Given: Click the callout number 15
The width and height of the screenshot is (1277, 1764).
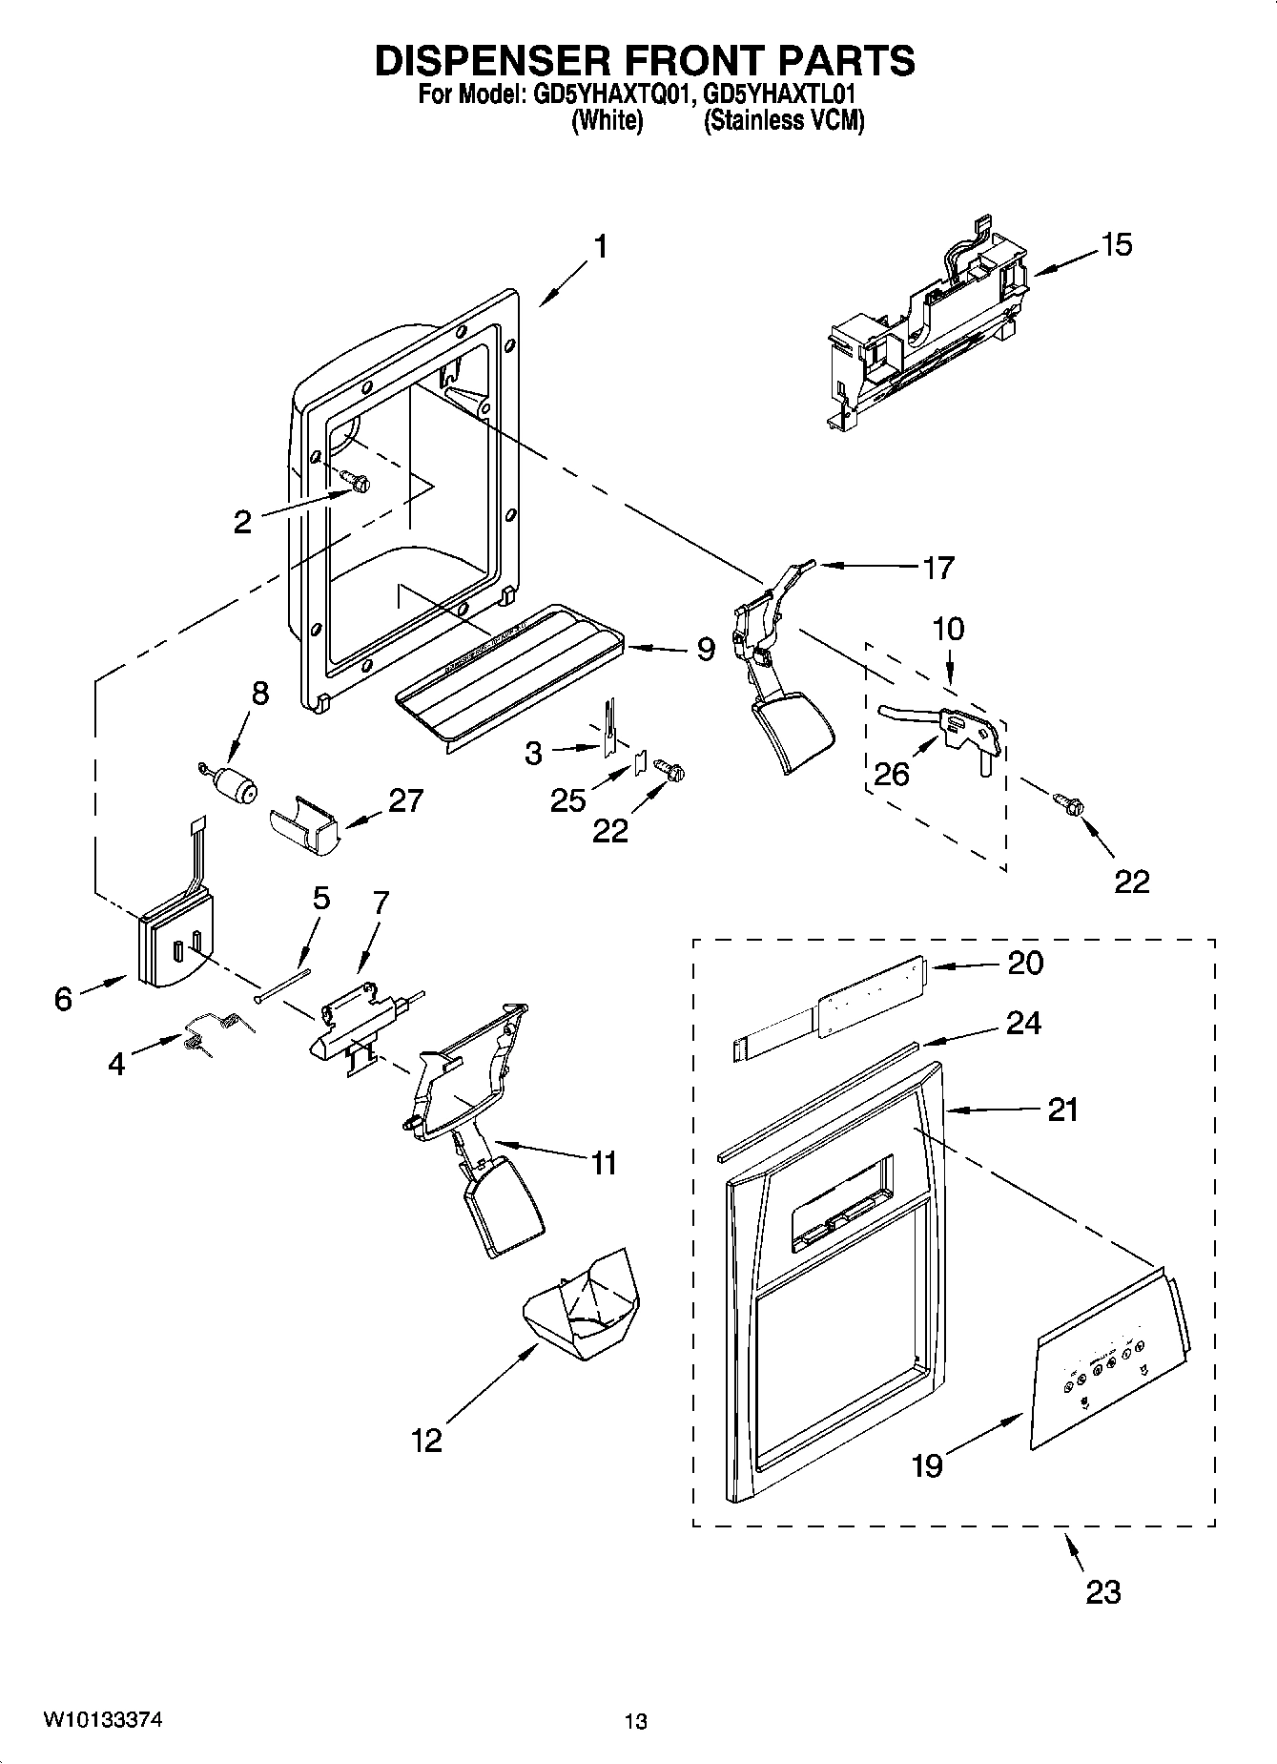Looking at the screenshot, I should point(1116,245).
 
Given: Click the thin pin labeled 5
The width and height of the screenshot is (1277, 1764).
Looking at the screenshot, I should point(283,984).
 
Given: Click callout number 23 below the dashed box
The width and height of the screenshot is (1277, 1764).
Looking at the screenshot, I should point(1103,1591).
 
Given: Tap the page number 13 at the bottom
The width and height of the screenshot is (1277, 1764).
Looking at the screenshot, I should point(636,1722).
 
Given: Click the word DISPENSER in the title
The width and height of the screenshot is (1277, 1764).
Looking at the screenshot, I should point(489,60).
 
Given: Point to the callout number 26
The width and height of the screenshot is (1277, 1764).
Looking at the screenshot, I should point(892,774).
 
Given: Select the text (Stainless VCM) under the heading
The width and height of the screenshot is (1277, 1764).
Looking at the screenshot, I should point(784,121).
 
